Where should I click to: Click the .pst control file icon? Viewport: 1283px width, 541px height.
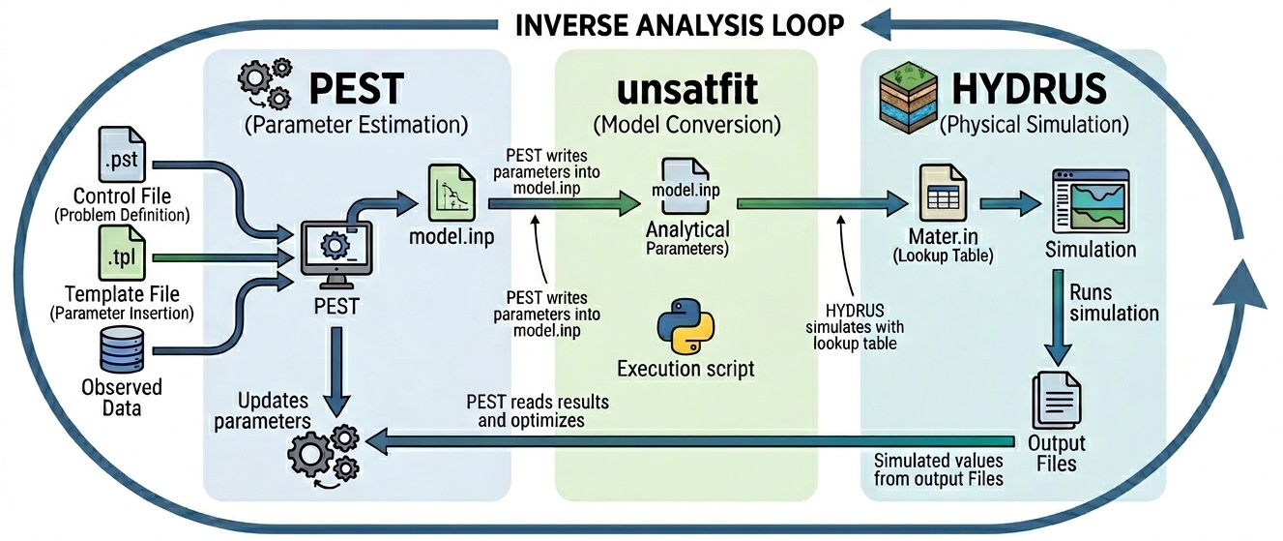pos(122,154)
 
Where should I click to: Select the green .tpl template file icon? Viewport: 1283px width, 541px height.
pos(122,254)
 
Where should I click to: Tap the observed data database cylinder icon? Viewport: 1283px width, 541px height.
pos(122,349)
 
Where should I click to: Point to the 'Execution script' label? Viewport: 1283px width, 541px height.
pos(685,369)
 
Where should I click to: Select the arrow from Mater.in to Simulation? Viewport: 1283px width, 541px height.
pos(1009,204)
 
